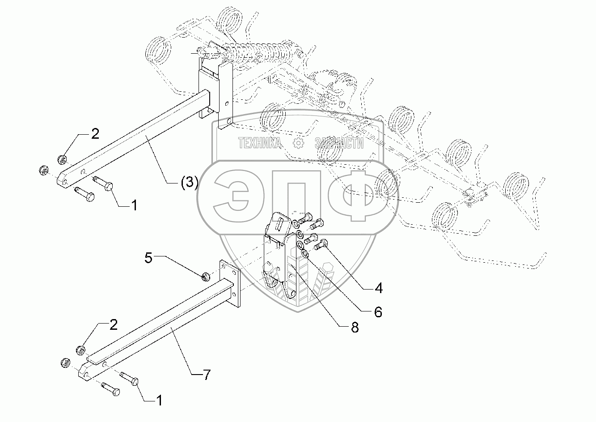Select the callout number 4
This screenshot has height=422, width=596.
point(378,289)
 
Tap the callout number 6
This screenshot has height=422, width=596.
point(378,312)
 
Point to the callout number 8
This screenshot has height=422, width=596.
point(355,328)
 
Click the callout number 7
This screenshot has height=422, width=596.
point(206,375)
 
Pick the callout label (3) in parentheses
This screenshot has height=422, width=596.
point(189,183)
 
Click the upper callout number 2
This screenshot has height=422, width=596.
point(95,134)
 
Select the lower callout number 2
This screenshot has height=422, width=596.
point(113,325)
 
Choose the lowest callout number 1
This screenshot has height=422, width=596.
point(158,400)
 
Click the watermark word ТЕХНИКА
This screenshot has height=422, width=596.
point(260,143)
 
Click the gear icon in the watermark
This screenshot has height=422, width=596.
point(298,143)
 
